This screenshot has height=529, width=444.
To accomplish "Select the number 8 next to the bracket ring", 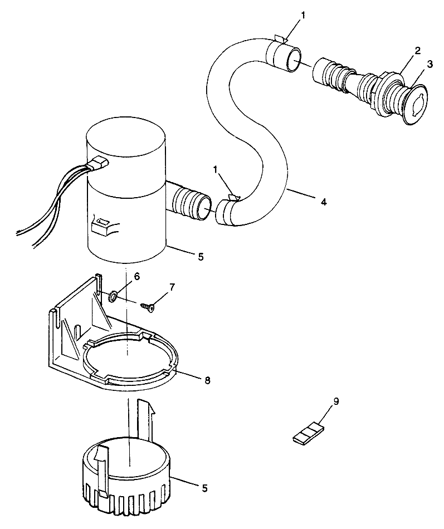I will click(x=207, y=380).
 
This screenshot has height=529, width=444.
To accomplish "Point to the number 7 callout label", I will click(x=172, y=287).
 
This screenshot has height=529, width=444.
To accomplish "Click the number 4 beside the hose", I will click(x=324, y=203).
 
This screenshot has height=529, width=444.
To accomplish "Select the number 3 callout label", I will click(x=430, y=65).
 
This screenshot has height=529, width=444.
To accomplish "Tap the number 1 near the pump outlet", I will click(x=216, y=168).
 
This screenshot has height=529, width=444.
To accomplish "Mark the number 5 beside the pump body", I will click(x=201, y=257).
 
